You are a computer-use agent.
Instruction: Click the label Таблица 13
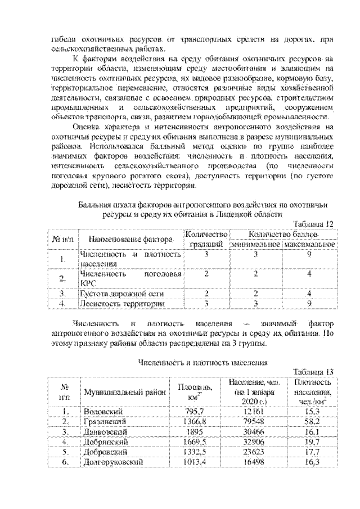(x=314, y=371)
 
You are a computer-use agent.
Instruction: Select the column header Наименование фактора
(x=130, y=239)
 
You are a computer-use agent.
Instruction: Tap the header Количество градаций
(x=206, y=239)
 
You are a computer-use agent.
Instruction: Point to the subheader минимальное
(x=256, y=245)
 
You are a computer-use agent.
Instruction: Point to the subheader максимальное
(x=309, y=245)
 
